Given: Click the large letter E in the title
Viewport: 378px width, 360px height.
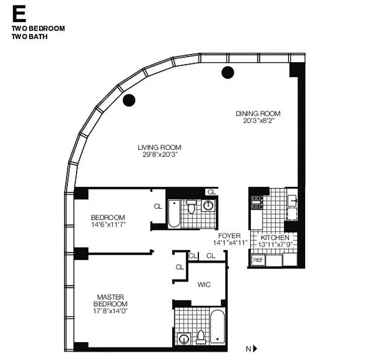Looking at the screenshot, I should point(19,14).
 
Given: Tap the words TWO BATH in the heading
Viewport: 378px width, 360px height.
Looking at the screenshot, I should point(30,36).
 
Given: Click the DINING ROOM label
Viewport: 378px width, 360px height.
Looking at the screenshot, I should point(258,113).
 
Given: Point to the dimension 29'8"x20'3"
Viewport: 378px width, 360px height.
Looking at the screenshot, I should point(159,154).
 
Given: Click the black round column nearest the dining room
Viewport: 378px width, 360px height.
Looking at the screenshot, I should point(228,72).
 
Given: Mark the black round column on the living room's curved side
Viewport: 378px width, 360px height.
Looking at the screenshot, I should point(129,100).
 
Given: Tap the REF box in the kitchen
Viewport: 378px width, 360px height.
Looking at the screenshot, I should point(258,260).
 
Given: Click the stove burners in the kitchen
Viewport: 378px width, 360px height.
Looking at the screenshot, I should point(257,202).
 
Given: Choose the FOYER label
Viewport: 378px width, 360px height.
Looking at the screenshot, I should point(229,236).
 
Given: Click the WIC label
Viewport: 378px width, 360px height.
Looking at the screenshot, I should point(204,284).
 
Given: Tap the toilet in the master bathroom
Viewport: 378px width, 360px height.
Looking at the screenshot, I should point(200,336).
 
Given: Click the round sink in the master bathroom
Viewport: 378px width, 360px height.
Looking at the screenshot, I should point(183,339).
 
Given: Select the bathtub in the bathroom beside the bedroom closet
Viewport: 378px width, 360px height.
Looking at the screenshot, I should point(173,214).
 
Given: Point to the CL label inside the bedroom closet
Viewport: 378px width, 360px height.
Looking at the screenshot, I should point(158,207).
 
